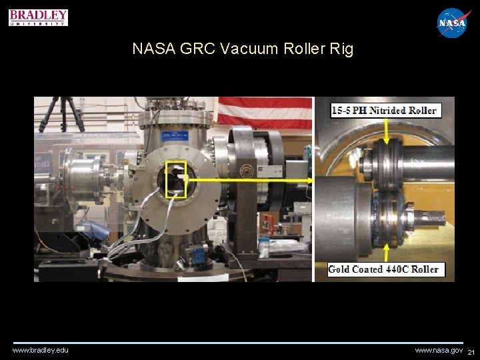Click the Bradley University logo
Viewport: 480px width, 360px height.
(39, 17)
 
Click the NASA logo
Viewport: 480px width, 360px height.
(453, 23)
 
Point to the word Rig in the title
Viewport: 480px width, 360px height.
(340, 49)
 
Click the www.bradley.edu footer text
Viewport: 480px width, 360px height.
(40, 350)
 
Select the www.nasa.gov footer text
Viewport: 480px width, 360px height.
(438, 350)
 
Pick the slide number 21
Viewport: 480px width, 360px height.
(471, 352)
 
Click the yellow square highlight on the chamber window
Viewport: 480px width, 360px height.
(176, 179)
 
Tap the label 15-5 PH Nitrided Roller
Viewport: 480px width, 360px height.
(384, 111)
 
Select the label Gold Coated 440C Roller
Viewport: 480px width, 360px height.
(383, 269)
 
